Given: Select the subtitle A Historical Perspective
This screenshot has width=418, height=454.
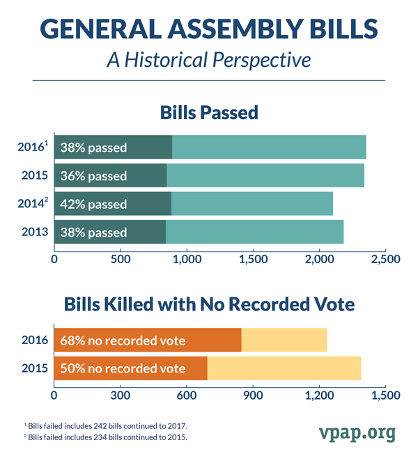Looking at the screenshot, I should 208,59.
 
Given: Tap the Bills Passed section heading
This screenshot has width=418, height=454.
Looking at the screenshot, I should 209,112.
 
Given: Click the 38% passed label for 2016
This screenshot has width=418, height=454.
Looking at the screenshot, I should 93,148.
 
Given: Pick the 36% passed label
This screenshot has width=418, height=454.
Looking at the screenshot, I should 93,176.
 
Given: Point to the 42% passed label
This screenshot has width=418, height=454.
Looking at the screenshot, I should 93,205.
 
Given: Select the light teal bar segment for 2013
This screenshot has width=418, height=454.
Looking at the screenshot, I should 254,233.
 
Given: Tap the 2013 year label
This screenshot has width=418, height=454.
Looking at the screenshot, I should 32,233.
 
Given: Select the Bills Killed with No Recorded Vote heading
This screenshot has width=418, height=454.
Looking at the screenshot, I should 209,305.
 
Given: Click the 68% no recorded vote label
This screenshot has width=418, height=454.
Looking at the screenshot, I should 123,340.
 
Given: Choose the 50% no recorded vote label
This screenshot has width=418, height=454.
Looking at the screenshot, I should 123,368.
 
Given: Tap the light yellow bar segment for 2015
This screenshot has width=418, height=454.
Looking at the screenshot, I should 284,368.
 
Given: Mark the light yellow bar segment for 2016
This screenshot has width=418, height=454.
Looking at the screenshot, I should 284,340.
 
